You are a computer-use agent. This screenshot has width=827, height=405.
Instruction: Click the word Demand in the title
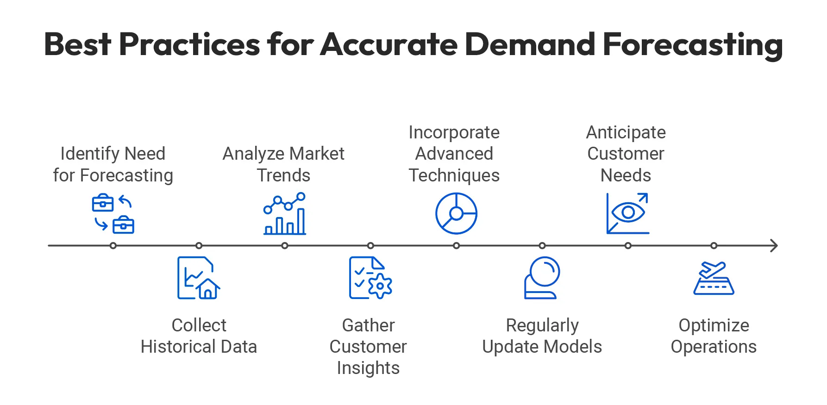(x=529, y=45)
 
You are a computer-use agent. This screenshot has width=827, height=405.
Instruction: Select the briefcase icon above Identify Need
(x=113, y=213)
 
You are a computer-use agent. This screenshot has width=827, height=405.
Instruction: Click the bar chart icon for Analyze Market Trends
(x=285, y=214)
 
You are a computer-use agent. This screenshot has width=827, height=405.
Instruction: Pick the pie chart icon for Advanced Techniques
(x=456, y=213)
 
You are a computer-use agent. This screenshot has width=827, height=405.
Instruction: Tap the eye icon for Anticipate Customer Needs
(x=628, y=213)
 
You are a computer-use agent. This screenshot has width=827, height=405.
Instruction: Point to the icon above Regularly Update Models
(x=542, y=278)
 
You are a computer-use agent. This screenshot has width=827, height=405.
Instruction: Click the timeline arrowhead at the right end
(x=774, y=246)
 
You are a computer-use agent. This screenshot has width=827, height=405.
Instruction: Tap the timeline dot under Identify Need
(x=113, y=246)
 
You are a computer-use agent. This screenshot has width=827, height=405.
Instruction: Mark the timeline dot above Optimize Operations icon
(x=714, y=246)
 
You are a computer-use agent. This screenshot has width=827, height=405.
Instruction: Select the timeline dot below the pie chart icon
(x=456, y=246)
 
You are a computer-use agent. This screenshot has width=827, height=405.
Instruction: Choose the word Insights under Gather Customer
(x=368, y=368)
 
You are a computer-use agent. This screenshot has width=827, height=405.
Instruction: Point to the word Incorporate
(x=454, y=132)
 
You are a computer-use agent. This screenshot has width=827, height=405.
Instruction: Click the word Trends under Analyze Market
(x=283, y=175)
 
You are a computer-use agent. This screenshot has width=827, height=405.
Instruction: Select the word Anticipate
(x=626, y=132)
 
